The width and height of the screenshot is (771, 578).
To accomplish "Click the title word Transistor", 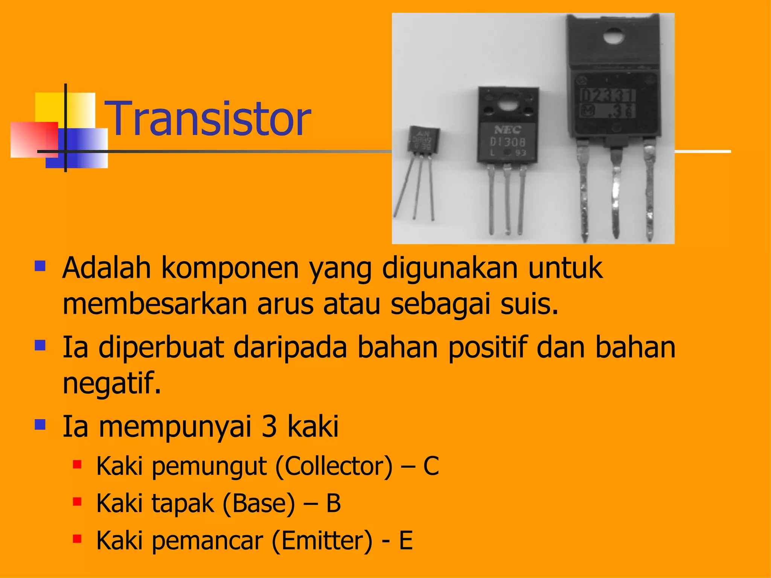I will tap(209, 119).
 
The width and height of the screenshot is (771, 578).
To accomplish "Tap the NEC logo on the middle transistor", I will tap(508, 130).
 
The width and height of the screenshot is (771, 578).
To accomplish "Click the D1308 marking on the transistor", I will tap(507, 142).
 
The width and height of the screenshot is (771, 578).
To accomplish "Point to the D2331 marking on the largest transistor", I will tap(608, 96).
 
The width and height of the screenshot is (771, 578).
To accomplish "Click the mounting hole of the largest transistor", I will tap(614, 37).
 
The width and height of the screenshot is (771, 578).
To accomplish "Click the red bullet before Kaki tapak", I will tap(77, 502).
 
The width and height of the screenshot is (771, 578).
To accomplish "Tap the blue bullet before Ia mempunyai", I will tap(40, 425).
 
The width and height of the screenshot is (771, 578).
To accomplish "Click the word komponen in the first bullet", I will tap(230, 268).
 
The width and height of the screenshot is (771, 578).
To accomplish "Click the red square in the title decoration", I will tap(34, 140).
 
